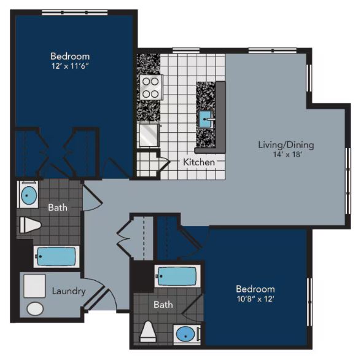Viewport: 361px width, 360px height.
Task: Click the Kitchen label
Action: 199,162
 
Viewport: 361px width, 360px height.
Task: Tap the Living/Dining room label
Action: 285,145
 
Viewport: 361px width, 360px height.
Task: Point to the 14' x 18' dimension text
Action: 285,155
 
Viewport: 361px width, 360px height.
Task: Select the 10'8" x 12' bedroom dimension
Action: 255,299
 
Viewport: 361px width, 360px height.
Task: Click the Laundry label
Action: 68,291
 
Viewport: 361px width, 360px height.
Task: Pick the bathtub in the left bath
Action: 56,256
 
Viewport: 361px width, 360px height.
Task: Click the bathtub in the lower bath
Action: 177,277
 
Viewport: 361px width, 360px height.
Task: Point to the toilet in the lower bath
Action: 148,332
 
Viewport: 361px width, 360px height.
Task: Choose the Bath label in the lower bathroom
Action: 163,304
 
